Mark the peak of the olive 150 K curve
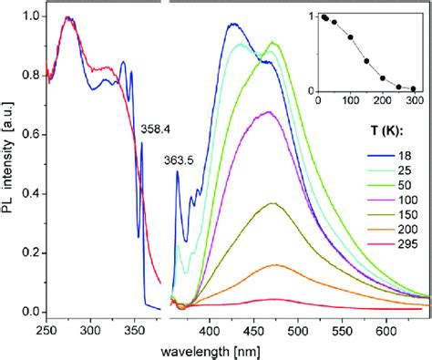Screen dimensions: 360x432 (x=273, y=203)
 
